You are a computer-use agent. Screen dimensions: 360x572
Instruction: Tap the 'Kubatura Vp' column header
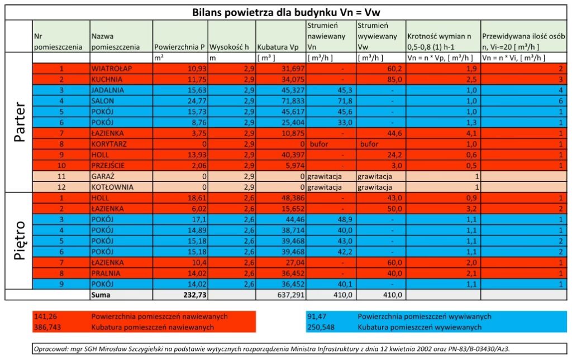pyautogui.click(x=277, y=47)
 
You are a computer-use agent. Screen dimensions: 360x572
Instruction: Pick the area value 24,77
pyautogui.click(x=197, y=100)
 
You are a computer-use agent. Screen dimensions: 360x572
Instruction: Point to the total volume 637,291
pyautogui.click(x=290, y=294)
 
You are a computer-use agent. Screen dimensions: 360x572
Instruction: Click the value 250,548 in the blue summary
pyautogui.click(x=321, y=327)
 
